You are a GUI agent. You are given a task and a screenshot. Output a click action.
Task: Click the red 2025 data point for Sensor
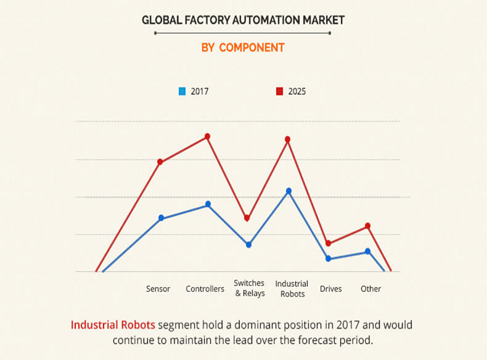[x=160, y=162]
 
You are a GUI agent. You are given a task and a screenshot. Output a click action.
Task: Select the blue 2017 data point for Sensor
[x=162, y=218]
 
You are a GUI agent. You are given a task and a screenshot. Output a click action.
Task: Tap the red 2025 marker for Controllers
[x=208, y=136]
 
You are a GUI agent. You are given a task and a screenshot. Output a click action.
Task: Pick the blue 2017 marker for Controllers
[x=208, y=204]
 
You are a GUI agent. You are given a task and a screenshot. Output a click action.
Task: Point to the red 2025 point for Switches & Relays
[x=247, y=218]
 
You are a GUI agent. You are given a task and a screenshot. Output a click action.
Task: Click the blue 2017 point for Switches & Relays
[x=249, y=245]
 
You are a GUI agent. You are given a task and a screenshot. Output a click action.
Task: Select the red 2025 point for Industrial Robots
[x=287, y=139]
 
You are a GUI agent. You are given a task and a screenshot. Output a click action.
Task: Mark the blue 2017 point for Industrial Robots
[x=289, y=191]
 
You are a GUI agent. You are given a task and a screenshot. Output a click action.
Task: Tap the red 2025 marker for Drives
[x=328, y=243]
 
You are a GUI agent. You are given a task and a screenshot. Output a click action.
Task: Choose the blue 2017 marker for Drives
[x=328, y=259]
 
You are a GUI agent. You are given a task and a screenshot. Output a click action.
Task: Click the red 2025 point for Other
[x=367, y=226]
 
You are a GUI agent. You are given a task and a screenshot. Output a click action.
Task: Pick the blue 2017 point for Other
[x=367, y=252]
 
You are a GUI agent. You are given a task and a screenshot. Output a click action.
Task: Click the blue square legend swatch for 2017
[x=182, y=91]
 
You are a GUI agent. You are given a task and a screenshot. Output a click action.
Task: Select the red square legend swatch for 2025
[x=279, y=91]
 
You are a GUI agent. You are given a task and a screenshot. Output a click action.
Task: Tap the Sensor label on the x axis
[x=158, y=288]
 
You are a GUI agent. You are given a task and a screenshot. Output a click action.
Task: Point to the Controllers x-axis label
[x=205, y=288]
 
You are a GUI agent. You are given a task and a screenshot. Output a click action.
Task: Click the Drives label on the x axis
[x=330, y=288]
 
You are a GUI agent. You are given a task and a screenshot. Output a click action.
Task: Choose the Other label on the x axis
[x=370, y=288]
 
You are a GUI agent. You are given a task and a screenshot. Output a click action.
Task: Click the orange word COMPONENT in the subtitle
[x=252, y=47]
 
